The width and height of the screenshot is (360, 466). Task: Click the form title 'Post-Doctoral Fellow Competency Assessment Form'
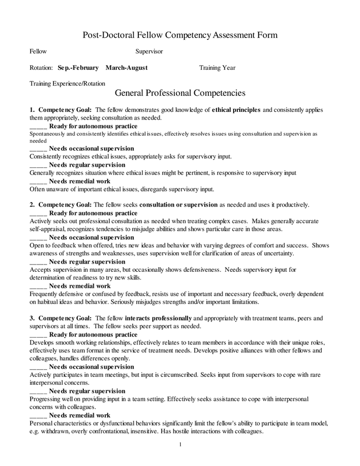pyautogui.click(x=180, y=35)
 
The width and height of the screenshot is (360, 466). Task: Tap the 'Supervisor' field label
pyautogui.click(x=149, y=51)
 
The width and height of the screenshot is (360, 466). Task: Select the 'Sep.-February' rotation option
pyautogui.click(x=78, y=68)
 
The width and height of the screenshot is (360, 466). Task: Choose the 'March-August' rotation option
pyautogui.click(x=126, y=68)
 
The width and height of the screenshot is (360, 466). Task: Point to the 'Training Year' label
pyautogui.click(x=217, y=68)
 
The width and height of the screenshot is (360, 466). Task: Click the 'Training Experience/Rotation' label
pyautogui.click(x=67, y=83)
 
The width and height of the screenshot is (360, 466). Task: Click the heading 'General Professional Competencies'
pyautogui.click(x=180, y=94)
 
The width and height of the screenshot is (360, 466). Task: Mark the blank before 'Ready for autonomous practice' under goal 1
pyautogui.click(x=38, y=126)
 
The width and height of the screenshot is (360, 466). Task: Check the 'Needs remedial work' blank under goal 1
pyautogui.click(x=38, y=182)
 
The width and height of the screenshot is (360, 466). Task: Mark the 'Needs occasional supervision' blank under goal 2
pyautogui.click(x=38, y=238)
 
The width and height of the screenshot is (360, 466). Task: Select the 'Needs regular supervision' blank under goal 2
pyautogui.click(x=38, y=262)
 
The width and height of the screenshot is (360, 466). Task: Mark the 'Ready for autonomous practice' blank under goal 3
pyautogui.click(x=38, y=335)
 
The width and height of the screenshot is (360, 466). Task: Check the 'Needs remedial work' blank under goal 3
pyautogui.click(x=38, y=415)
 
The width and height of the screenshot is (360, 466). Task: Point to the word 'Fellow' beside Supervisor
pyautogui.click(x=38, y=51)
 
